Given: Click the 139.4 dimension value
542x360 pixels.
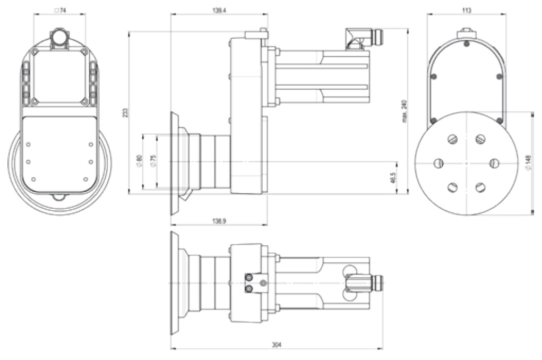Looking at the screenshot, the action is click(x=219, y=11).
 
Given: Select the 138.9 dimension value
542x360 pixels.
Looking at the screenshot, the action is click(x=219, y=221).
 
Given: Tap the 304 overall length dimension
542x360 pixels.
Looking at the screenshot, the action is click(x=277, y=345).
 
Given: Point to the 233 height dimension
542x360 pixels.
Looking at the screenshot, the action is click(x=125, y=113).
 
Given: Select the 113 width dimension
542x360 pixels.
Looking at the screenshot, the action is click(x=466, y=11).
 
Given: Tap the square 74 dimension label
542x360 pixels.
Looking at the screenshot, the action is click(x=60, y=11).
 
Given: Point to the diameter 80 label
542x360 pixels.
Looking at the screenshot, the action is click(x=140, y=161).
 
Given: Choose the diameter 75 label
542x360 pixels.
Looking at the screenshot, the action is click(x=154, y=161).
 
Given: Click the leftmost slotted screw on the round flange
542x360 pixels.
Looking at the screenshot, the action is click(x=438, y=162).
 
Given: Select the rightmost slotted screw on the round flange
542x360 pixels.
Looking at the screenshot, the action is click(x=494, y=162).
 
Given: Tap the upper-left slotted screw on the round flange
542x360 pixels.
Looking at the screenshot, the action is click(x=452, y=139).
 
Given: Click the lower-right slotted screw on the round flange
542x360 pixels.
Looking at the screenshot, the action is click(x=480, y=187).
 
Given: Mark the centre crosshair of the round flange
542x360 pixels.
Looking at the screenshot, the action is click(x=466, y=163).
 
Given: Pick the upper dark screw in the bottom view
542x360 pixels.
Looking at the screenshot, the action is click(x=248, y=278).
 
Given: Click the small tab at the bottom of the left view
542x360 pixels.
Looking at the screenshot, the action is click(x=59, y=197).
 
